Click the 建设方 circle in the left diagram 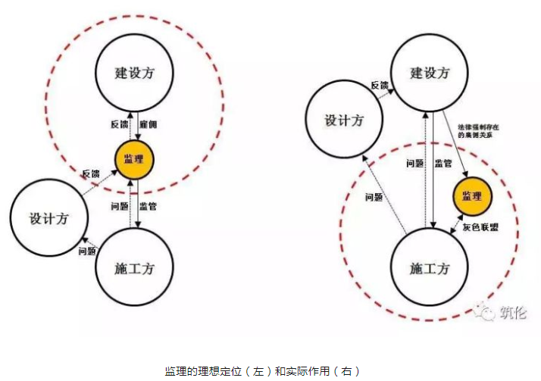click(134, 74)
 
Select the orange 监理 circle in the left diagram click(134, 159)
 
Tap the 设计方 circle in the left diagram click(48, 219)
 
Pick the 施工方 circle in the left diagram click(135, 267)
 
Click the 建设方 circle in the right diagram click(429, 73)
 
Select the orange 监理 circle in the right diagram click(473, 197)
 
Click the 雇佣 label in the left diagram click(150, 123)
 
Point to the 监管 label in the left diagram click(150, 205)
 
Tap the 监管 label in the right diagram click(444, 163)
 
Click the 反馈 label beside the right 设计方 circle click(380, 85)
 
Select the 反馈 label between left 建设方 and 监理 click(118, 123)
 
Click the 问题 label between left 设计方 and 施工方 click(86, 251)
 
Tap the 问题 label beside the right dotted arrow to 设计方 click(374, 197)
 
